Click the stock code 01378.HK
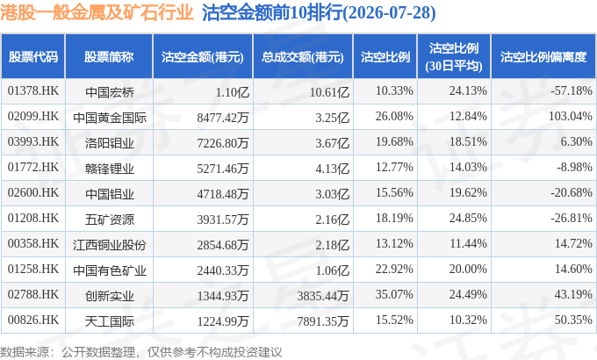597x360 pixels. click(x=33, y=91)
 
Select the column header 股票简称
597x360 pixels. click(x=109, y=57)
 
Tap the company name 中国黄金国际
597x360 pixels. click(x=110, y=118)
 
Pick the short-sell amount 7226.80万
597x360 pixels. click(x=223, y=143)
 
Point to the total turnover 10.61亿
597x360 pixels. click(x=329, y=92)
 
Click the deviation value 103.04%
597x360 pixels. click(x=571, y=116)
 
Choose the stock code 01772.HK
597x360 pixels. click(x=33, y=167)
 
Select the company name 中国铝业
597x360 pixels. click(x=110, y=194)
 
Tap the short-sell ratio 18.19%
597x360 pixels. click(x=394, y=218)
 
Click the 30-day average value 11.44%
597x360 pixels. click(x=468, y=243)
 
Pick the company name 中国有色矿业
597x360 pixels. click(x=110, y=270)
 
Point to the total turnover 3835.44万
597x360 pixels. click(x=323, y=296)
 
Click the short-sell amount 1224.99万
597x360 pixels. click(x=223, y=321)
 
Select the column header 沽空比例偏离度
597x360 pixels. click(x=543, y=57)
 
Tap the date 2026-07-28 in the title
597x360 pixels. click(x=390, y=12)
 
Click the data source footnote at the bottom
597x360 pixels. click(x=140, y=352)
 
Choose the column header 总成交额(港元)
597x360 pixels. click(x=303, y=57)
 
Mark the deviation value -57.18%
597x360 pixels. click(x=572, y=91)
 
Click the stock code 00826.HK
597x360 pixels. click(x=33, y=320)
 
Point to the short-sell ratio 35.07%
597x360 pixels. click(x=394, y=294)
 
